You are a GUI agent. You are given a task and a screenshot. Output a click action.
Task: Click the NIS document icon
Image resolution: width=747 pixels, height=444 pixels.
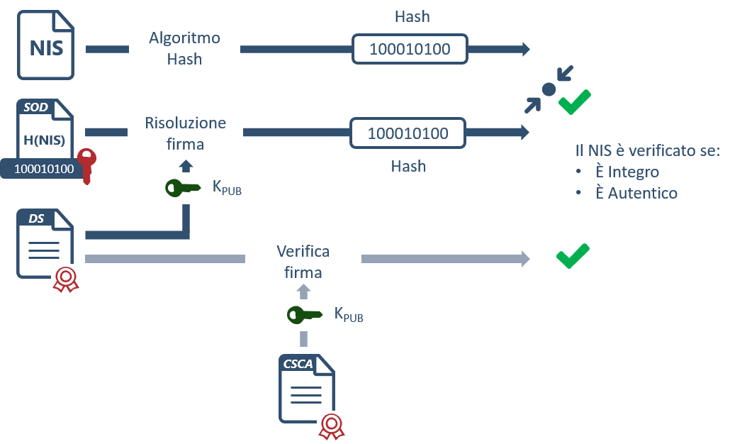[x=46, y=45]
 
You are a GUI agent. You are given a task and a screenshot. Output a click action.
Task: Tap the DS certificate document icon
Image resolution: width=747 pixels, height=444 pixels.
[x=45, y=244]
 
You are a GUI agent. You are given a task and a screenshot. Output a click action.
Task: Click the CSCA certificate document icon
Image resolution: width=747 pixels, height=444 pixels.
[x=306, y=389]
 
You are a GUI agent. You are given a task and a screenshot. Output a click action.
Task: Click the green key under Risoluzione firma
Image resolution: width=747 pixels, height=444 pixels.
[x=183, y=188]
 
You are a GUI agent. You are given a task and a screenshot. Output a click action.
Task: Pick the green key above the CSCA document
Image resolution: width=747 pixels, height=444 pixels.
[x=305, y=315]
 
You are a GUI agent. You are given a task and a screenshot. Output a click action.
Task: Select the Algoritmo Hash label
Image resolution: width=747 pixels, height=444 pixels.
[x=184, y=48]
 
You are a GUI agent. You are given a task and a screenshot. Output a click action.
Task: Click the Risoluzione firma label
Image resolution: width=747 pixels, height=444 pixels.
[x=185, y=133]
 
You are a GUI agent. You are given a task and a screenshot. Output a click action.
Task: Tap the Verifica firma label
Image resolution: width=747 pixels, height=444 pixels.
[x=303, y=261]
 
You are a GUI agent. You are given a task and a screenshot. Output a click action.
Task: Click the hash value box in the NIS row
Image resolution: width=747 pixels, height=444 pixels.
[x=410, y=49]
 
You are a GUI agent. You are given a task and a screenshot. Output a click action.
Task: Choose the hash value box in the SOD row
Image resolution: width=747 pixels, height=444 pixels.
[x=408, y=133]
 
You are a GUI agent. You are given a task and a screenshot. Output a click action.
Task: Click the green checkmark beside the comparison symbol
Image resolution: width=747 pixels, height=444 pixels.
[x=575, y=102]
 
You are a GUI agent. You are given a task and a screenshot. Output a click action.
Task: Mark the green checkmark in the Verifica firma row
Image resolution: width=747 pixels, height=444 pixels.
[x=573, y=256]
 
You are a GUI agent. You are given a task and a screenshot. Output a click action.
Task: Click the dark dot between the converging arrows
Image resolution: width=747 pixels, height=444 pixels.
[x=549, y=89]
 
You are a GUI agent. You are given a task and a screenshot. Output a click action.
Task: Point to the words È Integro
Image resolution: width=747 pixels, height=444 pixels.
[x=627, y=172]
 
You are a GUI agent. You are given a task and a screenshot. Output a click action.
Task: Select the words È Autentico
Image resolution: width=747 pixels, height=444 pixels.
[x=636, y=193]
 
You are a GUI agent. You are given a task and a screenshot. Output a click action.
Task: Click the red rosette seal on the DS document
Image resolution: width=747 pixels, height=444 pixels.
[x=66, y=279]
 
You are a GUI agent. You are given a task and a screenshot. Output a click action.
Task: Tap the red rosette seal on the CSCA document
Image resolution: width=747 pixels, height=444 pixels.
[x=332, y=426]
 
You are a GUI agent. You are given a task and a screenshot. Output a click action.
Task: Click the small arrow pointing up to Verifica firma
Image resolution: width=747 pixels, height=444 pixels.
[x=303, y=292]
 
